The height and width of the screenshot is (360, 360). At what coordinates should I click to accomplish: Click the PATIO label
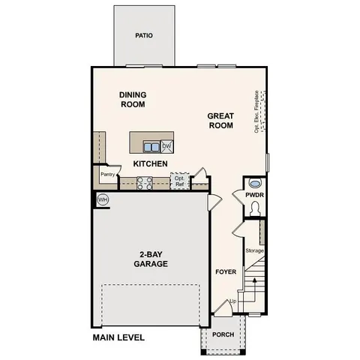tap(144, 35)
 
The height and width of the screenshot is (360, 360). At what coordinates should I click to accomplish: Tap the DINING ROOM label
tap(133, 100)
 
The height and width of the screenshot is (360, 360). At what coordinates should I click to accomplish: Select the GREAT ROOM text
tap(220, 121)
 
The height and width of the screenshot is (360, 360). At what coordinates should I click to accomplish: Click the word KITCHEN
tap(150, 163)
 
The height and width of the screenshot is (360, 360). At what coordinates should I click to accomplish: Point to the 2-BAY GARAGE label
tap(151, 259)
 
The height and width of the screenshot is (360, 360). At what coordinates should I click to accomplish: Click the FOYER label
tap(226, 271)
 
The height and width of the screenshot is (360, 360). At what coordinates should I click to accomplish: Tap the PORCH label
tap(223, 335)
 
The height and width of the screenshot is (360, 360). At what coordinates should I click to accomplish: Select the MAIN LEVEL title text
tap(118, 338)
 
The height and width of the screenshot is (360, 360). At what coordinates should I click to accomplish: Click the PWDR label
tap(255, 196)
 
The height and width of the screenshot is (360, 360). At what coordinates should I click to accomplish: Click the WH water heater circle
tap(103, 199)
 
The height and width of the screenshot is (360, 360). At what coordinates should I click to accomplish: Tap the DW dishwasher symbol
tap(167, 146)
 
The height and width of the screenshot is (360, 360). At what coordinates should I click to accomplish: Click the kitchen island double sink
tap(152, 146)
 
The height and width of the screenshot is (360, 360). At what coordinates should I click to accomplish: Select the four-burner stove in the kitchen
tap(145, 182)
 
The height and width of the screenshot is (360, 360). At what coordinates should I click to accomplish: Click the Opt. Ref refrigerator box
tap(178, 181)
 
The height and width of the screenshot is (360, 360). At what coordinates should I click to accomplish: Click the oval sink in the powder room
tap(255, 184)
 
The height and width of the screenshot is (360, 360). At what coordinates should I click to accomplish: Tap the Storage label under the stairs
tap(255, 250)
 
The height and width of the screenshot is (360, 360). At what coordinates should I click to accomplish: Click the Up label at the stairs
tap(232, 301)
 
